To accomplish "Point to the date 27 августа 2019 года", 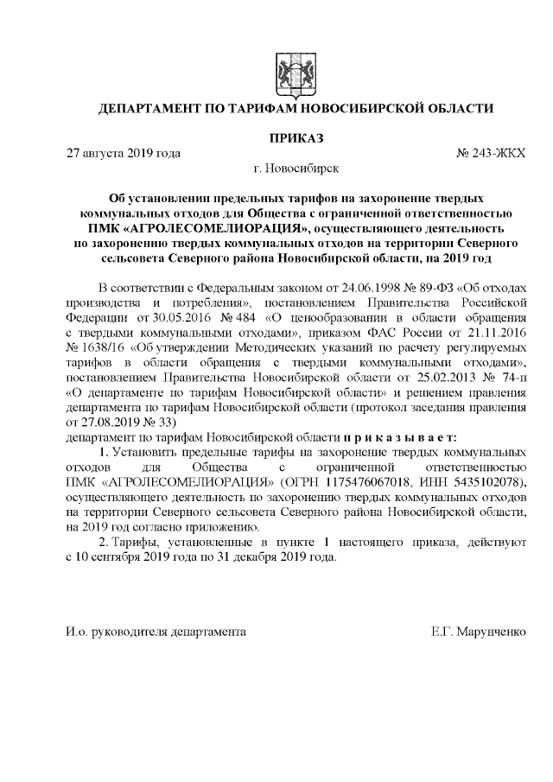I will coord(124,154).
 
